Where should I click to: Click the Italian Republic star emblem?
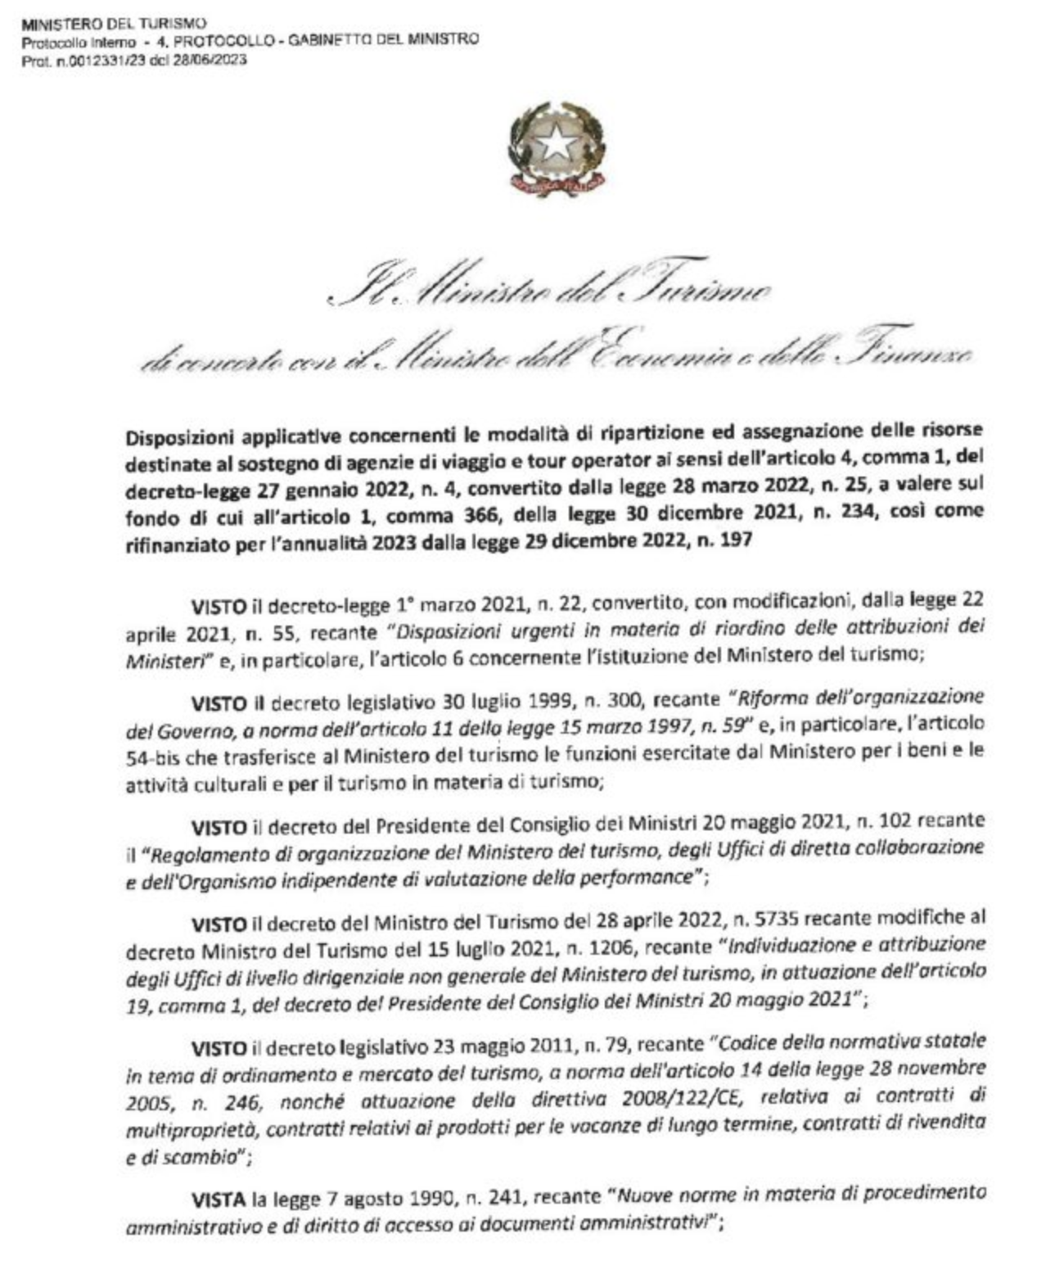tap(557, 145)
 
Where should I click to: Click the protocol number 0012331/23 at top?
tap(99, 60)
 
